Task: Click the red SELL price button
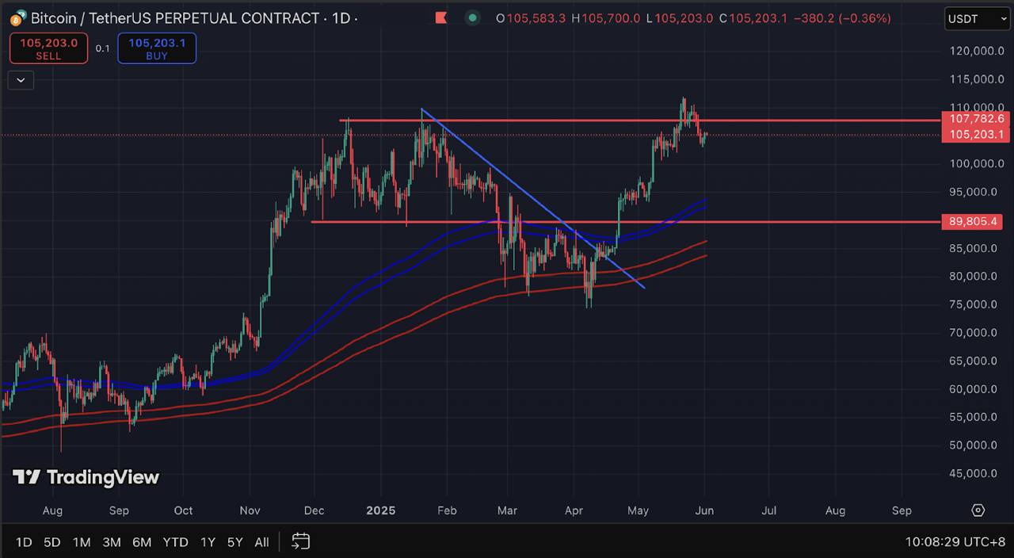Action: (48, 48)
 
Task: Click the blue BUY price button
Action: (157, 48)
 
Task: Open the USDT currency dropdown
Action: (976, 18)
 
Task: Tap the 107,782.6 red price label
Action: (974, 119)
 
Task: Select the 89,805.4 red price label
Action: (974, 222)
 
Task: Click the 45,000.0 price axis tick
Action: (974, 473)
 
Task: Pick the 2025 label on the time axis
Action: (380, 510)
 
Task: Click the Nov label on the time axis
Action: (250, 510)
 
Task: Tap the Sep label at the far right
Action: (902, 510)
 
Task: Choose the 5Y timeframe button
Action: (235, 542)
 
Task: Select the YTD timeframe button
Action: (175, 542)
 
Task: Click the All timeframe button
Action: (261, 542)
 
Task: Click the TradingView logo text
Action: (86, 477)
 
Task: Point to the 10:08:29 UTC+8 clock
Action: (955, 542)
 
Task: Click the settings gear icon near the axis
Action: (978, 510)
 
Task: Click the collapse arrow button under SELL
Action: (21, 79)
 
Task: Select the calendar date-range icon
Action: (300, 541)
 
